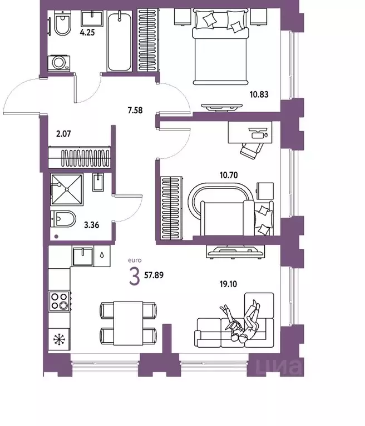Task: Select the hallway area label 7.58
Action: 135,110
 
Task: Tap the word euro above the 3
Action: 135,260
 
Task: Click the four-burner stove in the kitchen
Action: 59,301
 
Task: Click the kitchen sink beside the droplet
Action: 85,256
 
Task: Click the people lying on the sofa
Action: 243,322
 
